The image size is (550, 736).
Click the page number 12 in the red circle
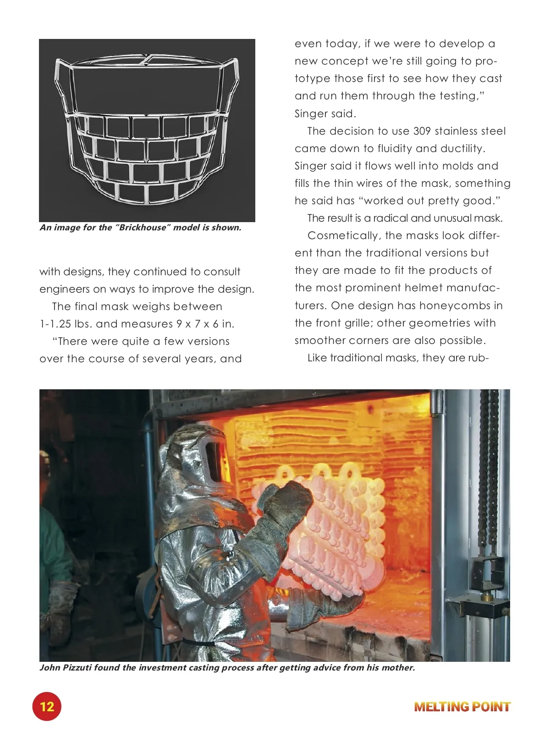click(x=47, y=706)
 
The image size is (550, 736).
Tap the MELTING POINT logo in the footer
click(x=462, y=707)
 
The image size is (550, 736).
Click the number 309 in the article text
click(x=422, y=131)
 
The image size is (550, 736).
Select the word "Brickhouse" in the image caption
click(x=143, y=228)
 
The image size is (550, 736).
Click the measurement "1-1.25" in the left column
click(x=55, y=324)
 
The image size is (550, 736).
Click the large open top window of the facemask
click(x=147, y=87)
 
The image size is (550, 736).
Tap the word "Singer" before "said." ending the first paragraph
click(x=311, y=114)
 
